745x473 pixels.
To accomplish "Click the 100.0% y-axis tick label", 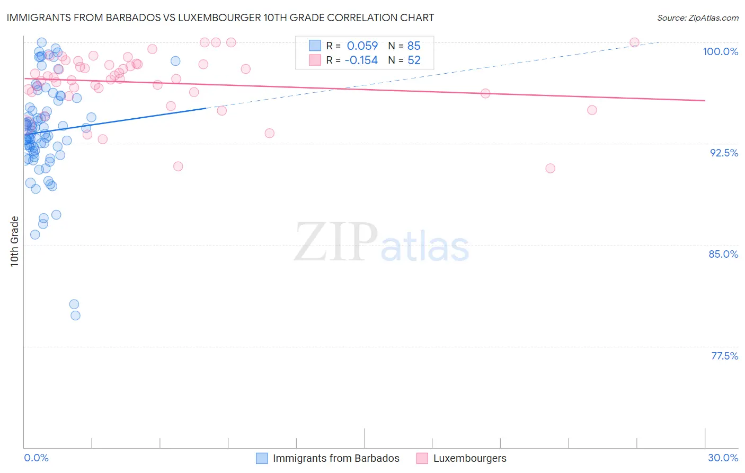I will pos(720,51).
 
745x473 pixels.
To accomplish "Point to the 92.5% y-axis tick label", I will pos(724,153).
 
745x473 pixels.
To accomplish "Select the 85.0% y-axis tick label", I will pos(723,254).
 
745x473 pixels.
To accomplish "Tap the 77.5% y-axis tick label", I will pos(724,356).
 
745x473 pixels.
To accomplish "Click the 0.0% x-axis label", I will pos(36,458).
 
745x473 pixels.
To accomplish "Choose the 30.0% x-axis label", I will pos(723,458).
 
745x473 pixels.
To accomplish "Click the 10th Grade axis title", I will pos(14,241).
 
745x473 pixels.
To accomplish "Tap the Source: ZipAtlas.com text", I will pos(697,18).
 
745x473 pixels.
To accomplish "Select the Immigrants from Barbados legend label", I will pos(336,458).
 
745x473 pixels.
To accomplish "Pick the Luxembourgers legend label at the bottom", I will pos(469,458).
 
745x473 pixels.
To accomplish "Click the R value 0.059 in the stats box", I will pos(362,46).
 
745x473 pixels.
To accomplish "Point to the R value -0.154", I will pos(361,60).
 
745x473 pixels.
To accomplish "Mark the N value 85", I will pos(413,46).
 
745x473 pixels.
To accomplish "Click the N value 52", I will pos(413,60).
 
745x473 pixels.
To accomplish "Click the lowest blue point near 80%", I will pos(75,316).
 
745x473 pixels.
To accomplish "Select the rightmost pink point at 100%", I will pos(634,42).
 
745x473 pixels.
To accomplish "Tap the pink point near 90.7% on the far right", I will pos(550,168).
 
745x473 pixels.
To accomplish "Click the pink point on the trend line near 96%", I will pos(485,93).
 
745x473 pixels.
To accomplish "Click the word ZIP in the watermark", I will pos(335,242).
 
